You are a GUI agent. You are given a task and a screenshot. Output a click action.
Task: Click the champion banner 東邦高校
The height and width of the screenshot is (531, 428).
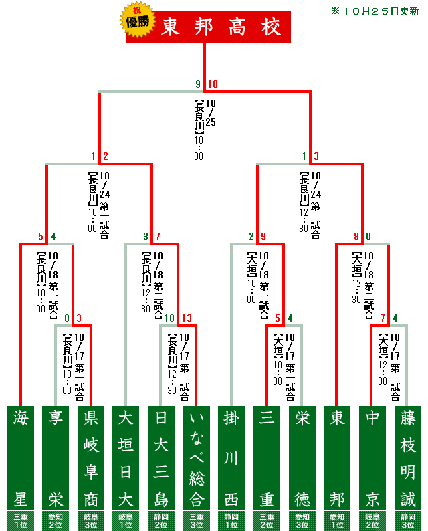(221, 27)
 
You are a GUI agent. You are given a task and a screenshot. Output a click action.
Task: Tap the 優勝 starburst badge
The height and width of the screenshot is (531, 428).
(138, 21)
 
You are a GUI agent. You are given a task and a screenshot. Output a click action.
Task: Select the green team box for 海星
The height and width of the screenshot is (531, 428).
(21, 458)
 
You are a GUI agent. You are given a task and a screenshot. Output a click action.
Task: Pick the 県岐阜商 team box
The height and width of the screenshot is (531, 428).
(91, 458)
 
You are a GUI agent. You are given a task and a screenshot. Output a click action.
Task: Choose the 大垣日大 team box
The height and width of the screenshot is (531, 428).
(126, 458)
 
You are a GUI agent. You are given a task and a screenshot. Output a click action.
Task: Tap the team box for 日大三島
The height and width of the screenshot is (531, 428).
(161, 458)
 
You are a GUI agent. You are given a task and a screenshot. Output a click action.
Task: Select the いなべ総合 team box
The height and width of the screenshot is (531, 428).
(196, 458)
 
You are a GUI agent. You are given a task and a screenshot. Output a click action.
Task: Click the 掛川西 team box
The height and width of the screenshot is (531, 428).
(231, 458)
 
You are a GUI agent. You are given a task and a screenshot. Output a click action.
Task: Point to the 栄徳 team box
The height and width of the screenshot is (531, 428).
(302, 458)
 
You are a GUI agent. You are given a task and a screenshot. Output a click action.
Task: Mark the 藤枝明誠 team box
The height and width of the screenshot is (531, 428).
(407, 458)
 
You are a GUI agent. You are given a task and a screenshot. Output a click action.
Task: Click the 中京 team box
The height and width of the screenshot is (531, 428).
(372, 458)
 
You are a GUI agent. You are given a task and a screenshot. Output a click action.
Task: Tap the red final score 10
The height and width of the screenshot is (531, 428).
(213, 84)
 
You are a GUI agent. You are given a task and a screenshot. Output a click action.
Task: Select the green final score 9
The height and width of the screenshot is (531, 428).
(198, 84)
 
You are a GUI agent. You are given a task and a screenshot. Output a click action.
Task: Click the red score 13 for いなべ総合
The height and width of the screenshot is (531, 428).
(187, 318)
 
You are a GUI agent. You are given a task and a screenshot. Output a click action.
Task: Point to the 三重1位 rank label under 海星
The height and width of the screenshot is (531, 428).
(21, 520)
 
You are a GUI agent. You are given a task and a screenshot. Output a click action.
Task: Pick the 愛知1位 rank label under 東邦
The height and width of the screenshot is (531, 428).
(337, 520)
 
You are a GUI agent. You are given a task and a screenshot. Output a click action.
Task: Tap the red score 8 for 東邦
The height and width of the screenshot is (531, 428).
(357, 236)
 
